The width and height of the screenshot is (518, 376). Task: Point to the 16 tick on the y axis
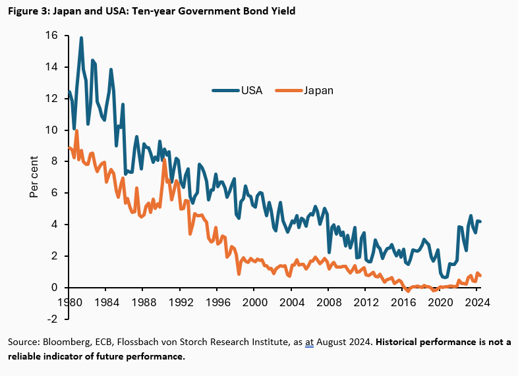click(51, 36)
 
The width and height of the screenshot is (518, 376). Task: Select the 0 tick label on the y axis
click(55, 288)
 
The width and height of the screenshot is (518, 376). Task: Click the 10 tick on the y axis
click(51, 130)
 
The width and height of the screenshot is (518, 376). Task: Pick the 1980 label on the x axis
click(69, 304)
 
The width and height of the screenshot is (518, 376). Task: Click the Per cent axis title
click(34, 176)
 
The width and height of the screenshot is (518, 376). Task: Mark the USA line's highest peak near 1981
click(81, 38)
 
